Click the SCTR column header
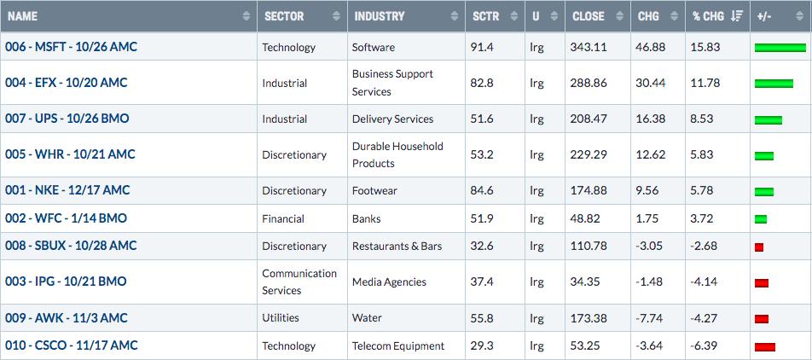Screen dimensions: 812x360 (x=486, y=16)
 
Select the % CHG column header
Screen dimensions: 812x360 (x=708, y=16)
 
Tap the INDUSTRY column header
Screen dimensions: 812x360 (x=379, y=16)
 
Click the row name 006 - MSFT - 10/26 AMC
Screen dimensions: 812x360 (x=71, y=47)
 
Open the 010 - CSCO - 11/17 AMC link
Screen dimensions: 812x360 (x=72, y=345)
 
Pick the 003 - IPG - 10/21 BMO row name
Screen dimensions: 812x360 (x=66, y=282)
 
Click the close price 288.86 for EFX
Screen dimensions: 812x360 (x=589, y=83)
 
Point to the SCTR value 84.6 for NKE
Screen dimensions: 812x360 (x=483, y=190)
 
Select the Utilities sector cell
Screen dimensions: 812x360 (x=280, y=317)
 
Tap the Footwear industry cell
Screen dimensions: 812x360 (x=374, y=190)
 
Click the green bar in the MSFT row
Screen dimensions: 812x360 (x=780, y=48)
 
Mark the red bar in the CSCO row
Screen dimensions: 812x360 (x=765, y=347)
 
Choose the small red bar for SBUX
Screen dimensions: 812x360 (x=759, y=247)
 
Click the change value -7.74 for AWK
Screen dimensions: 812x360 (x=649, y=317)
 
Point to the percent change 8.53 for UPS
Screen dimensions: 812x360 (x=702, y=119)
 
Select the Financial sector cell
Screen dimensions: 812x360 (x=283, y=218)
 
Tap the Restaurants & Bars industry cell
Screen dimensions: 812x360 (x=397, y=246)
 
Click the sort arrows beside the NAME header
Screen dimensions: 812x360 (x=246, y=16)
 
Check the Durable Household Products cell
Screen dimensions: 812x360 (x=397, y=154)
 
